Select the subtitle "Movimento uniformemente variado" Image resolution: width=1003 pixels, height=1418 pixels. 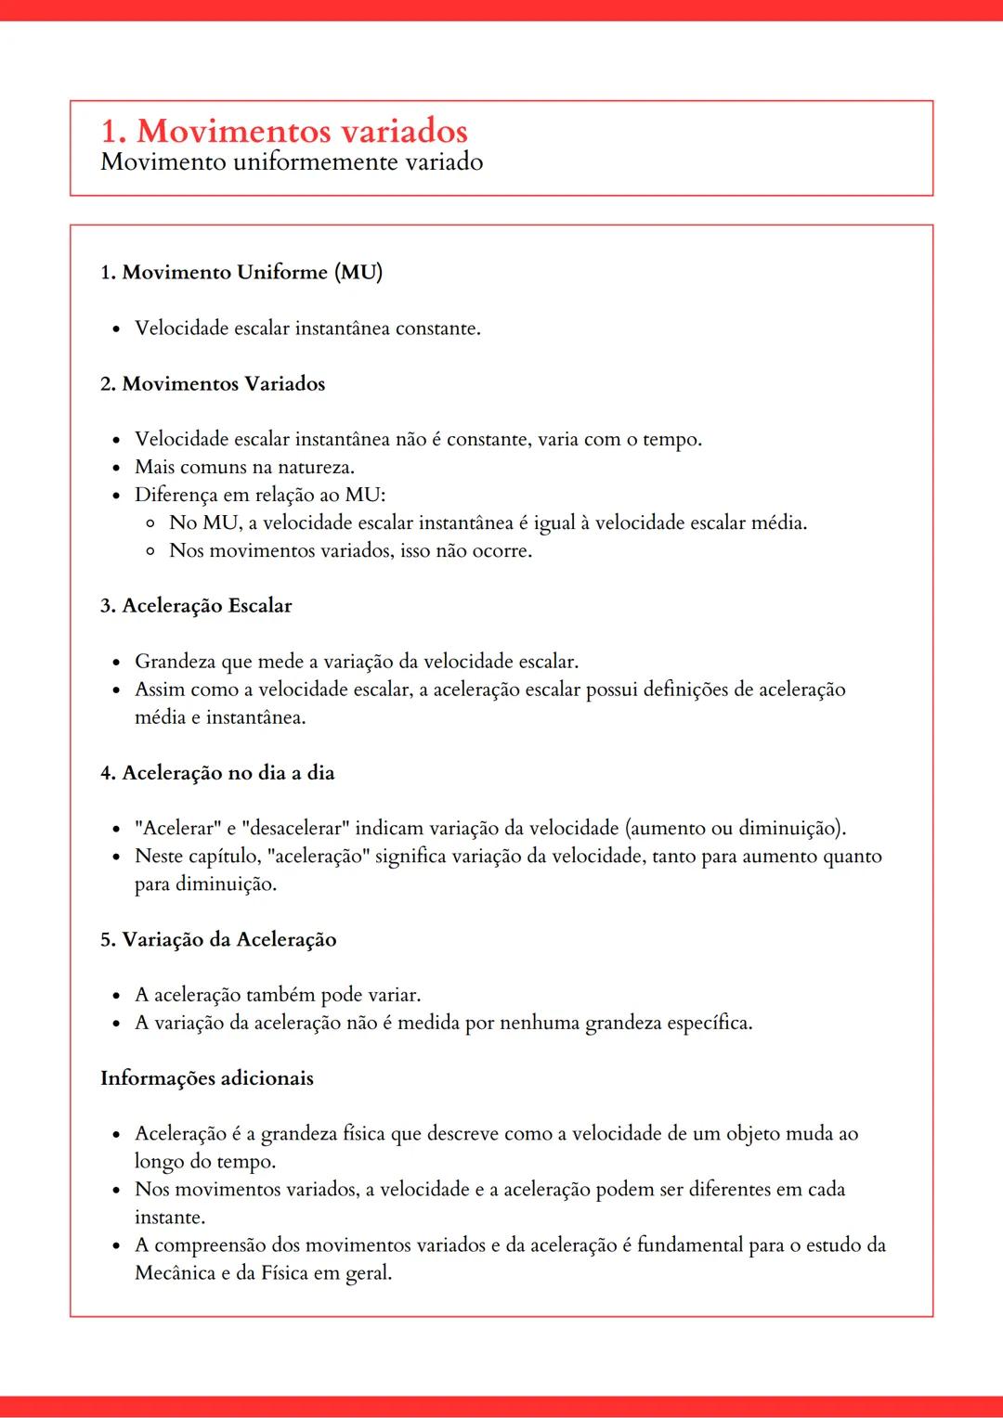292,162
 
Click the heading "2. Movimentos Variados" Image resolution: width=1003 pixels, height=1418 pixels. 213,383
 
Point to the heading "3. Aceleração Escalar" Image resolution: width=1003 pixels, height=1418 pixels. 196,606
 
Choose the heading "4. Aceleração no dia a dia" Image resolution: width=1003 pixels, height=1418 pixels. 217,773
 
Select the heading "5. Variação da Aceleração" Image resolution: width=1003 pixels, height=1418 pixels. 218,939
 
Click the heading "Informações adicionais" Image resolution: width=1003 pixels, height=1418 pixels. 207,1078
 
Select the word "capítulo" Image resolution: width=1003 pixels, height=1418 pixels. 225,857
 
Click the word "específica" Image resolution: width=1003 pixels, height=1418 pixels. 709,1023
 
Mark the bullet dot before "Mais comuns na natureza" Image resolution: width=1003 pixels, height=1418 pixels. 116,468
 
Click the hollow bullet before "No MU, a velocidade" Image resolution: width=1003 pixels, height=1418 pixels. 150,523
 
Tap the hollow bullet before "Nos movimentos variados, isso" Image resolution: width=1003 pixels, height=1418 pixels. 150,551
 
